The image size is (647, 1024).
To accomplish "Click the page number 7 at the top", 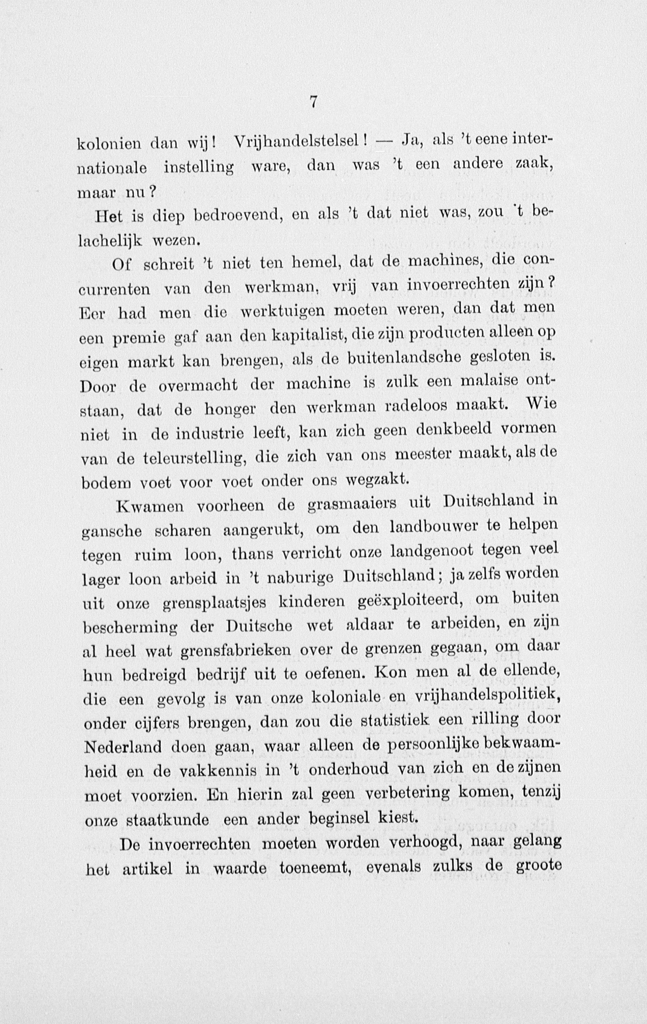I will click(313, 102).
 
